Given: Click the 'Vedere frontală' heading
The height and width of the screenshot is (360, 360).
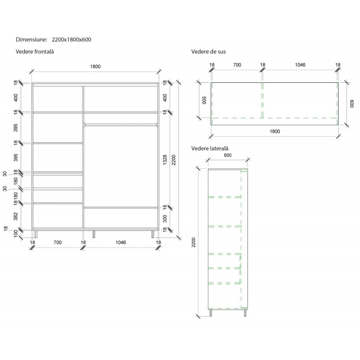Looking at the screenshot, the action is [x=35, y=52].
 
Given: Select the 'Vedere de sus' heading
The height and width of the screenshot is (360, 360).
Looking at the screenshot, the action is [x=208, y=52].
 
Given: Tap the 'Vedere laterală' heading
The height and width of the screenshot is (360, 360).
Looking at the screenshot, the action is [x=210, y=148].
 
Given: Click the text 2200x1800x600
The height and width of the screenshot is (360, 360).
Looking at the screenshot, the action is [x=72, y=40].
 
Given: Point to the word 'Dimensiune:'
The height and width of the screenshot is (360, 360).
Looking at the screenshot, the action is [x=31, y=40].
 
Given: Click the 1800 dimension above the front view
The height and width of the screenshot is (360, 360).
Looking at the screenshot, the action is [x=95, y=67].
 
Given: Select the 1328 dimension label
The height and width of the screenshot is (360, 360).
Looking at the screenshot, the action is [x=165, y=160].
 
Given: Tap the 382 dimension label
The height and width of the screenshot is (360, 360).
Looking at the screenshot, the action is [x=16, y=216].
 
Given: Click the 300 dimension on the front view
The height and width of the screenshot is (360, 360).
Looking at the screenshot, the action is [x=165, y=219].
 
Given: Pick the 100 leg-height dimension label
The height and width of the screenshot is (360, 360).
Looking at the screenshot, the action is [x=16, y=234].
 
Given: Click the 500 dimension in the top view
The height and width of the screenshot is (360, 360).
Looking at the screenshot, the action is [x=204, y=100].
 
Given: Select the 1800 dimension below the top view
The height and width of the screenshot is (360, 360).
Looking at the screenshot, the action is [x=275, y=131].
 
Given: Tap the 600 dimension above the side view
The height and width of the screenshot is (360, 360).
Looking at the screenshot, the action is [x=228, y=155].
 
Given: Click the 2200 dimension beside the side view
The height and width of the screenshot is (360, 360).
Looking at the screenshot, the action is [x=193, y=243].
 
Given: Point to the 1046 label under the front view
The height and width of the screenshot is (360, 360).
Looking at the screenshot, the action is [x=121, y=243].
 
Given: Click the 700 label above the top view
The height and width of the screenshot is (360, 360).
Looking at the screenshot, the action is [x=237, y=65].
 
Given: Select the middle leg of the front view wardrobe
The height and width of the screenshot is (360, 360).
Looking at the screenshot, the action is [x=94, y=234].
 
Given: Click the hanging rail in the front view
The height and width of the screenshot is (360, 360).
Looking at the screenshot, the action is [x=121, y=125].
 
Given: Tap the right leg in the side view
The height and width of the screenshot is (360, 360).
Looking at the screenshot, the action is [x=245, y=313].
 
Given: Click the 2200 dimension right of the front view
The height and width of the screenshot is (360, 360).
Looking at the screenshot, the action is [x=174, y=160].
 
